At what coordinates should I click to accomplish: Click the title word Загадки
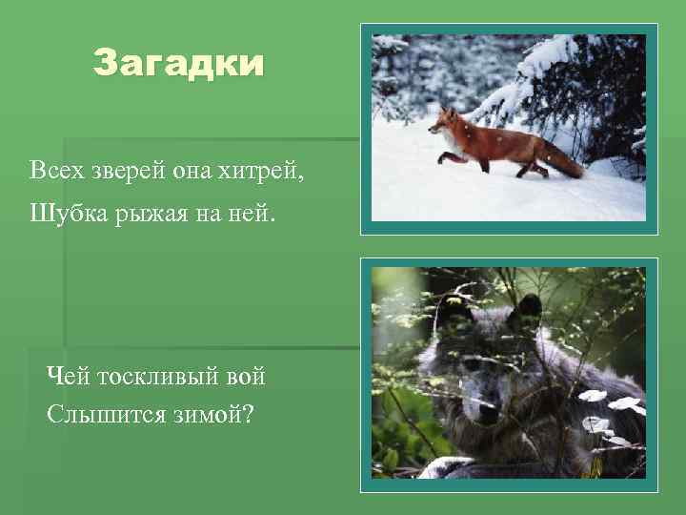pyautogui.click(x=177, y=64)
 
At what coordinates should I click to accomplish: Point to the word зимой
pyautogui.click(x=198, y=416)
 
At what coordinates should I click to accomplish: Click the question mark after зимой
pyautogui.click(x=248, y=415)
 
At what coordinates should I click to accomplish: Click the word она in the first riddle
pyautogui.click(x=193, y=172)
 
